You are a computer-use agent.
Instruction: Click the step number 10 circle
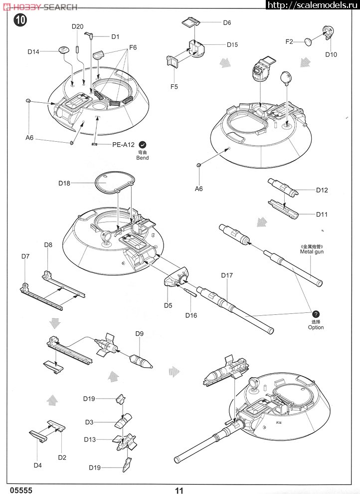pos(20,20)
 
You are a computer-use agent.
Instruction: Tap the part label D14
pos(33,52)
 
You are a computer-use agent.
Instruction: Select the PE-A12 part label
pos(123,145)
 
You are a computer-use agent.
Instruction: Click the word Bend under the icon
pos(143,158)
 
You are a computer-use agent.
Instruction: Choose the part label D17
pos(226,275)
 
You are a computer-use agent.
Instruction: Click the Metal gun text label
pos(312,251)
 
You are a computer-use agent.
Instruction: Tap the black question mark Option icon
pos(316,314)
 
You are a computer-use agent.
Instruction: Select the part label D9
pos(140,334)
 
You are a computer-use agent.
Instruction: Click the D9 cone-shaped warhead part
pos(141,361)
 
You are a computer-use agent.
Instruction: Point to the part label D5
pos(168,305)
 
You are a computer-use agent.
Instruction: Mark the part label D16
pos(191,315)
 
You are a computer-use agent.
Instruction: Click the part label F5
pos(174,87)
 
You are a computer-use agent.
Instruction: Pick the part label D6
pos(227,22)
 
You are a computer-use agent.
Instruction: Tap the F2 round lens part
pos(308,41)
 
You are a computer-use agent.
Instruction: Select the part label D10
pos(331,54)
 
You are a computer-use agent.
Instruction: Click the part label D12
pos(322,190)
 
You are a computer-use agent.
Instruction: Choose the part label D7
pos(25,256)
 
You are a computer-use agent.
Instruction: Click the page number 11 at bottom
pos(179,490)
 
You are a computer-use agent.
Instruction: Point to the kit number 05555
pos(21,490)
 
